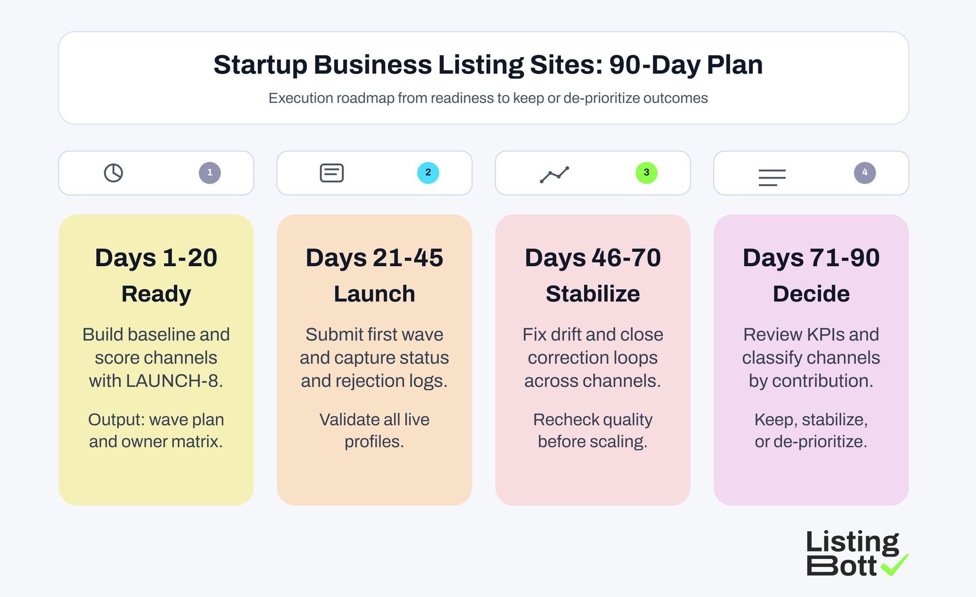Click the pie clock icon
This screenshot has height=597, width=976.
pos(113,173)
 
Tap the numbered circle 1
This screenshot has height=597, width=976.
pos(210,173)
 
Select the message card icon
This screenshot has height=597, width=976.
pos(332,173)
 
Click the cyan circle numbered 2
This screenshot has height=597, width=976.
pos(428,173)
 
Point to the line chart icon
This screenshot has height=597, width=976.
pos(554,175)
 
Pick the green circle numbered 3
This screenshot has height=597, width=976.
pos(646,173)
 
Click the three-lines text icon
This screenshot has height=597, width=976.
pos(772,178)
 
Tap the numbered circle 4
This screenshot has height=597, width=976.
pos(864,173)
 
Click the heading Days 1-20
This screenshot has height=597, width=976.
pos(156,258)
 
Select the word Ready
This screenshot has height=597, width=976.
pos(156,294)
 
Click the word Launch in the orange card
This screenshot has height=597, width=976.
pos(374,294)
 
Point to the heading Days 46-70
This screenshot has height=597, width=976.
pos(592,258)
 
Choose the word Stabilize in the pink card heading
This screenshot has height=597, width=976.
pos(592,294)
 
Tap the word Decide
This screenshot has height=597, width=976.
pos(811,294)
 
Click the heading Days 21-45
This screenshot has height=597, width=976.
pos(374,258)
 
